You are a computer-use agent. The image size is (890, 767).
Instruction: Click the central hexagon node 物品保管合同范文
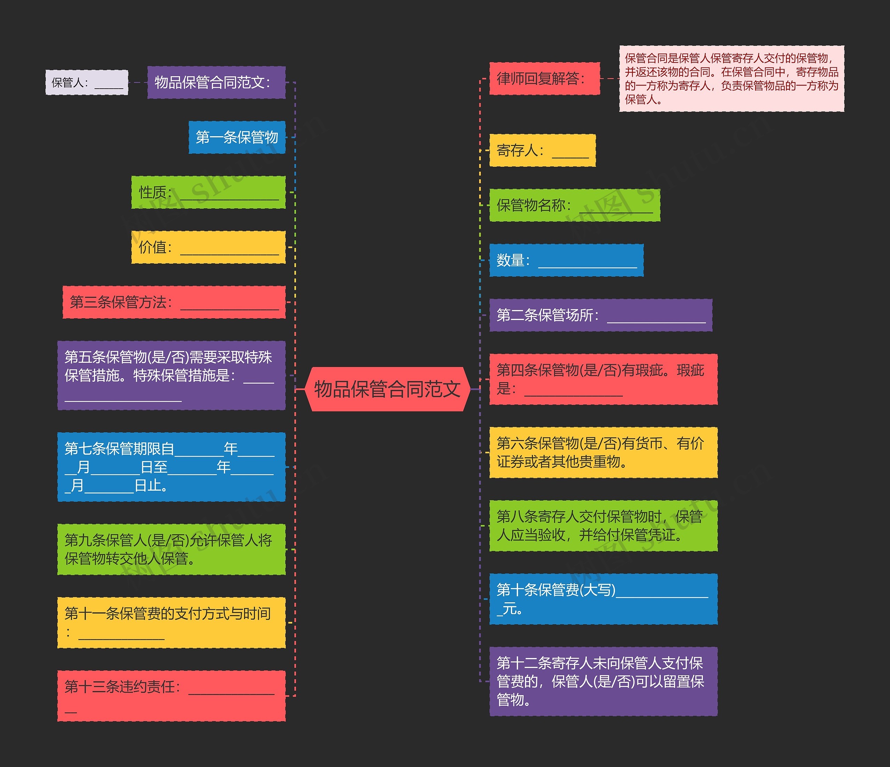[x=387, y=389]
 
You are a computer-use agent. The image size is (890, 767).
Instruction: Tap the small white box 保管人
[x=87, y=82]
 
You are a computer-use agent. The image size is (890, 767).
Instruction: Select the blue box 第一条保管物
[x=237, y=137]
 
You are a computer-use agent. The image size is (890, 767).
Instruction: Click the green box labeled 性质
[x=208, y=193]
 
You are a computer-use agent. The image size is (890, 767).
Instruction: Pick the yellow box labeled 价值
[x=208, y=247]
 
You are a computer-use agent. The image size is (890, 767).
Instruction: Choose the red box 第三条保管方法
[x=174, y=302]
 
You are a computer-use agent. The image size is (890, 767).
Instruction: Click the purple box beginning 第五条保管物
[x=171, y=375]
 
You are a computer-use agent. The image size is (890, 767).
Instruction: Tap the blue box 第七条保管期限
[x=171, y=467]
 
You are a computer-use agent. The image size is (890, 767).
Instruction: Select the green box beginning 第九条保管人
[x=171, y=549]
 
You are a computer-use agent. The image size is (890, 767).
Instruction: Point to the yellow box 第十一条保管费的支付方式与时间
[x=171, y=622]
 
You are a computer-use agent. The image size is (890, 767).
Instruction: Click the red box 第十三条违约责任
[x=171, y=696]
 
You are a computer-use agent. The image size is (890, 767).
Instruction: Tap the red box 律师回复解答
[x=544, y=79]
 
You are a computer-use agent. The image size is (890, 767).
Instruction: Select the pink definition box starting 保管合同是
[x=731, y=79]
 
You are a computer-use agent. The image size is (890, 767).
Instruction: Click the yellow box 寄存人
[x=542, y=150]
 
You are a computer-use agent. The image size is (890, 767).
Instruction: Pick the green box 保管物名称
[x=574, y=205]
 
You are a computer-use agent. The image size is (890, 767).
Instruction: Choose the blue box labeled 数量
[x=566, y=260]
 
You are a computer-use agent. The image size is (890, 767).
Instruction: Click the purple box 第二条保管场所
[x=600, y=315]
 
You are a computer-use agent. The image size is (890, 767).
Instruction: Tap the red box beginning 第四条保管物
[x=603, y=379]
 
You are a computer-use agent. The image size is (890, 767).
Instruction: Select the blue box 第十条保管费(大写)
[x=603, y=599]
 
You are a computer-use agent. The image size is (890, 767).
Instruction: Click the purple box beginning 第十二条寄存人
[x=603, y=682]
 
